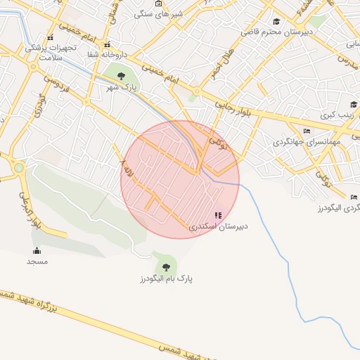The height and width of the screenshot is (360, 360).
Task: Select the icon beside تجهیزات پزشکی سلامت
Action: pyautogui.click(x=49, y=37)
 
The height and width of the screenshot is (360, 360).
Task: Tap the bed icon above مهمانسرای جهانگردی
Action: pyautogui.click(x=306, y=131)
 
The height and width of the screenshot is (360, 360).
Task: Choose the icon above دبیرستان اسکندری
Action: pyautogui.click(x=218, y=215)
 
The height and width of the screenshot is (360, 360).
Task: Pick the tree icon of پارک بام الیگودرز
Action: pyautogui.click(x=166, y=266)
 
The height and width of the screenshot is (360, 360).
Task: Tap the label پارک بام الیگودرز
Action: pyautogui.click(x=166, y=278)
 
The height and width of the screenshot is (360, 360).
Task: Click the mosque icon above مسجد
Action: pyautogui.click(x=37, y=251)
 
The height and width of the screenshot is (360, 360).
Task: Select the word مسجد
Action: pyautogui.click(x=37, y=262)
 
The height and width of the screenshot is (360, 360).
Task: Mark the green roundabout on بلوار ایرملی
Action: pyautogui.click(x=18, y=167)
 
